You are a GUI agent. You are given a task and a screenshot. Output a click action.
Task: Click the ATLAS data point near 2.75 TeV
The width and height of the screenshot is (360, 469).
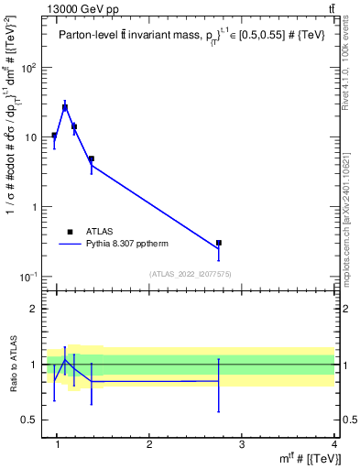(x=219, y=243)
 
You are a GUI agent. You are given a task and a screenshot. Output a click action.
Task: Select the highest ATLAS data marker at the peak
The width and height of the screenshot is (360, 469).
(x=65, y=107)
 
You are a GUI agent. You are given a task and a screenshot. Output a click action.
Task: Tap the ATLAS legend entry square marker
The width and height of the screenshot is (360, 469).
(x=71, y=232)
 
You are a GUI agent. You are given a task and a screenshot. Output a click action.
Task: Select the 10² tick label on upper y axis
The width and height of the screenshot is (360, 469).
(x=30, y=68)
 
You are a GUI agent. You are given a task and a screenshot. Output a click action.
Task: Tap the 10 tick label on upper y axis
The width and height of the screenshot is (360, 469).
(x=33, y=137)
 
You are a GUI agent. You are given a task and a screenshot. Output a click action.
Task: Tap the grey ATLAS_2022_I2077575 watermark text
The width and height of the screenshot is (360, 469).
(x=191, y=273)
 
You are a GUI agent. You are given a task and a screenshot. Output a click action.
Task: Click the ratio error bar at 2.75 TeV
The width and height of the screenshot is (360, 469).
(x=219, y=385)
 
